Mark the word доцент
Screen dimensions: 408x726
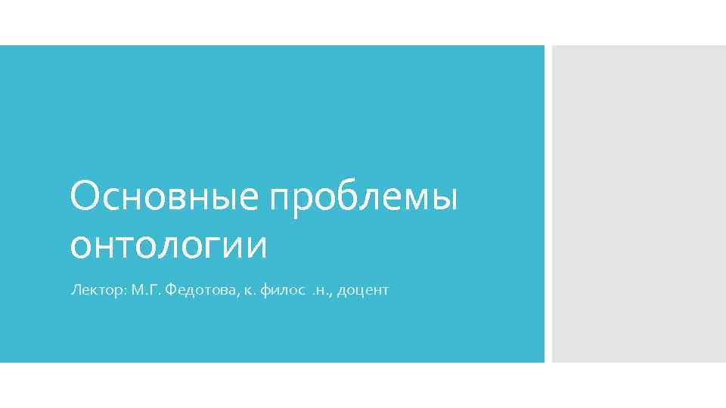(363, 290)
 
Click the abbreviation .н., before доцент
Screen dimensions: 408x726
(321, 290)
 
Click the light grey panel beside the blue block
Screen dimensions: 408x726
(638, 204)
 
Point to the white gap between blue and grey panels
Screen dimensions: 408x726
(548, 204)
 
